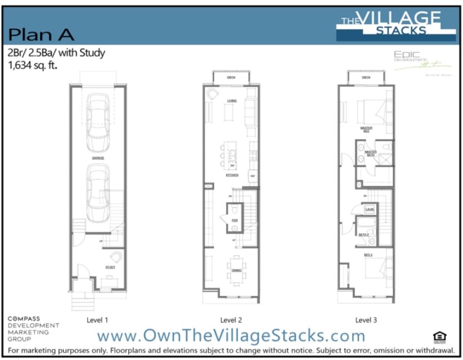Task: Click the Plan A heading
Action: click(x=42, y=34)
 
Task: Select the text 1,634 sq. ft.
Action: click(x=32, y=65)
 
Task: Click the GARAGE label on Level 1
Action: click(x=98, y=158)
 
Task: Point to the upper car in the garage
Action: click(x=98, y=116)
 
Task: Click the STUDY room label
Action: click(x=111, y=267)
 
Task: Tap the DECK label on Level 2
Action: click(x=232, y=78)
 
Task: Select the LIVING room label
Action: click(x=232, y=101)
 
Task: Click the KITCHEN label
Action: click(x=232, y=175)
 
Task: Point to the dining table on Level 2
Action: click(x=236, y=269)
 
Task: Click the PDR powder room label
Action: click(x=235, y=220)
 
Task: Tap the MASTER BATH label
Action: click(x=370, y=153)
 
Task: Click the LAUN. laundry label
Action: click(x=369, y=209)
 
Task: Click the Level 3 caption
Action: click(x=366, y=320)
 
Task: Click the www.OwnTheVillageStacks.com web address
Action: click(x=231, y=336)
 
